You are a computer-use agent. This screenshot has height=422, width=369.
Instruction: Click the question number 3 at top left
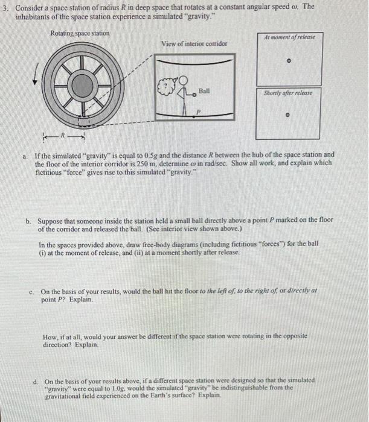(x=5, y=8)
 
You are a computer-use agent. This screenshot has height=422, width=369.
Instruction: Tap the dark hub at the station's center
(x=83, y=86)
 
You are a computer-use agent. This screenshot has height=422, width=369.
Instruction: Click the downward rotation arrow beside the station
(x=36, y=74)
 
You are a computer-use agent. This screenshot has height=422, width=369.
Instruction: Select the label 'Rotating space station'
(x=80, y=33)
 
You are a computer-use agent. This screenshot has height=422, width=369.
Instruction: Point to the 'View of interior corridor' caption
(x=194, y=43)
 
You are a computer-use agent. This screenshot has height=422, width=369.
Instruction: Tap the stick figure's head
(x=183, y=80)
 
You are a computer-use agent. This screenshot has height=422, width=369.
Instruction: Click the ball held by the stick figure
(x=194, y=95)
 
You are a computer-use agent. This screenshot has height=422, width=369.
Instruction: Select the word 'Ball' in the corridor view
(x=204, y=91)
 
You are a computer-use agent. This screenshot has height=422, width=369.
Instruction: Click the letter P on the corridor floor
(x=198, y=112)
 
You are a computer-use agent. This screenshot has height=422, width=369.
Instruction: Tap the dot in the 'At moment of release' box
(x=289, y=60)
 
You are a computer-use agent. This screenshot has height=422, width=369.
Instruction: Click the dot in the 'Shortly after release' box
(x=287, y=115)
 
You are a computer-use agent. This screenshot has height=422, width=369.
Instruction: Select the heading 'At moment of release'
(x=289, y=37)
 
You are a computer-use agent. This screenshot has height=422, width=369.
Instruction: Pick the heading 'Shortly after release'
(x=288, y=93)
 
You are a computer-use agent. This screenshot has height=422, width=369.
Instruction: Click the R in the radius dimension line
(x=63, y=135)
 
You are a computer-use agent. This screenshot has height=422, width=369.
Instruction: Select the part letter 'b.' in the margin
(x=28, y=221)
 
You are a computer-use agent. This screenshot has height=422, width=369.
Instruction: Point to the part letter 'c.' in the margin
(x=31, y=292)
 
